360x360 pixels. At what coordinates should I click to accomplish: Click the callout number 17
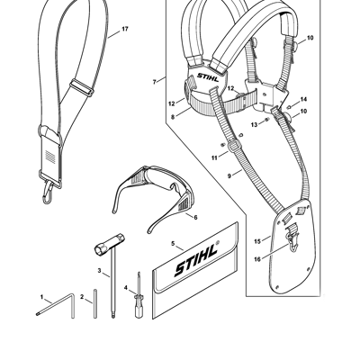(x=125, y=29)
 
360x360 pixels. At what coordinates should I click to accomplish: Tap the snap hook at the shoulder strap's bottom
(x=49, y=193)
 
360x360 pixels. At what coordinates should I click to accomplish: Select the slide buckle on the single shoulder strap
(x=82, y=87)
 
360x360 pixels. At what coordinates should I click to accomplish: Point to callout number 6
(x=195, y=217)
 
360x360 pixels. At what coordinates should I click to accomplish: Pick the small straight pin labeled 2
(x=95, y=303)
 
